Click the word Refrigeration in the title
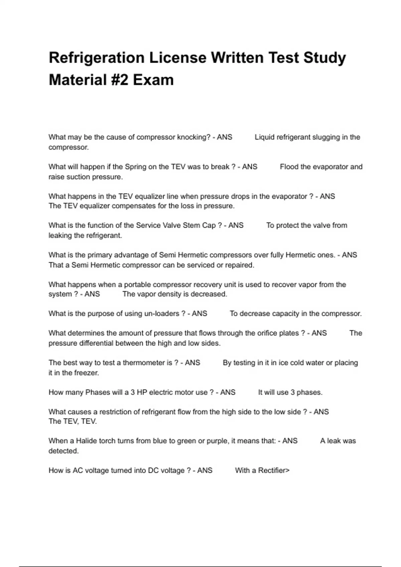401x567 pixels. click(96, 58)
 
